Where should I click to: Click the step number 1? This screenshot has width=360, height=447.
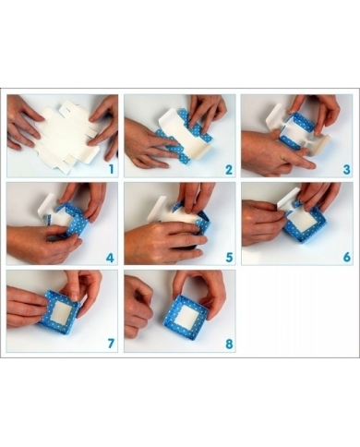(x=110, y=168)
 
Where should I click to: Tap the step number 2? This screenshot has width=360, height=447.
(x=227, y=168)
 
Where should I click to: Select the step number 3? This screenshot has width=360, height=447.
(x=345, y=168)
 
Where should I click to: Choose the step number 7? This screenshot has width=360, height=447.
(x=110, y=344)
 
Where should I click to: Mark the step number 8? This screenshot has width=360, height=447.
(x=227, y=344)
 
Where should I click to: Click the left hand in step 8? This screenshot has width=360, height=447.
(x=138, y=305)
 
